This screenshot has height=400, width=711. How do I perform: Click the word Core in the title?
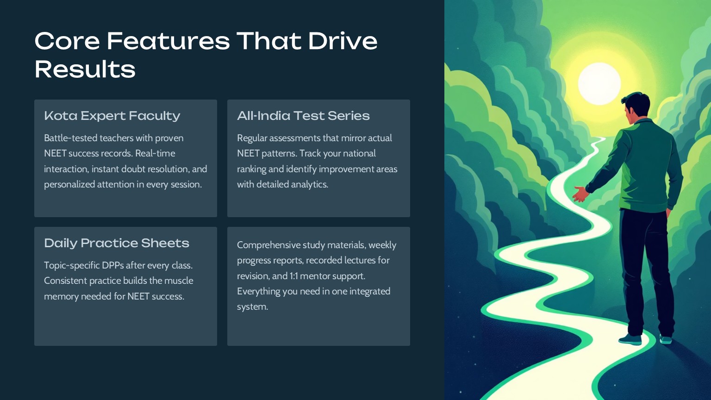pos(67,41)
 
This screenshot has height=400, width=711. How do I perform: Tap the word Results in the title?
pos(85,69)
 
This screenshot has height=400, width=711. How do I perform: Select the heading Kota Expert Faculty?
pos(112,116)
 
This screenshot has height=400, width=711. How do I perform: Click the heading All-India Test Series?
pos(303,116)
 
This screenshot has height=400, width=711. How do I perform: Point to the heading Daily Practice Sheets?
pos(117,243)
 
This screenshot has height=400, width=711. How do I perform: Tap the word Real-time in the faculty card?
pos(155,153)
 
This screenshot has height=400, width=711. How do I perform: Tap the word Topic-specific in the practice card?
pos(72,265)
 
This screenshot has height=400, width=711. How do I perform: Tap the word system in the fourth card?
pos(252,307)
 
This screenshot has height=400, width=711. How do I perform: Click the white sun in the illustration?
pos(599,84)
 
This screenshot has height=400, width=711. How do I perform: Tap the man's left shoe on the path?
pos(630,340)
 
